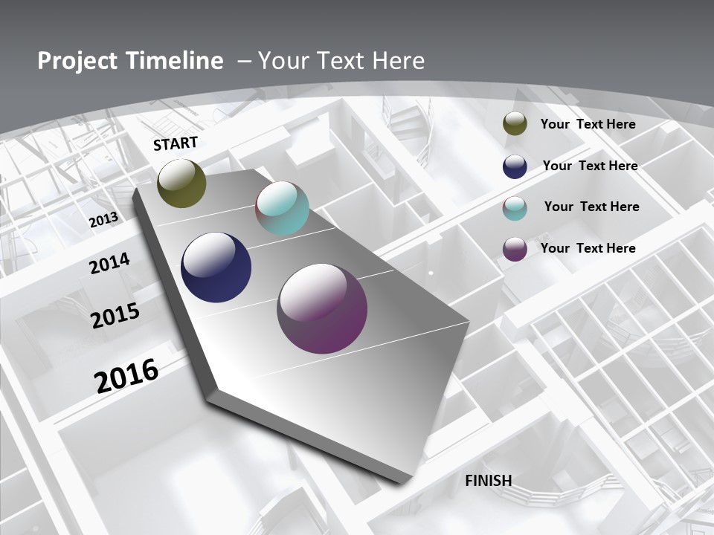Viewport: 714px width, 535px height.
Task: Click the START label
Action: pyautogui.click(x=176, y=143)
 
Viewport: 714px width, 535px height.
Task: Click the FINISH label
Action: pyautogui.click(x=488, y=480)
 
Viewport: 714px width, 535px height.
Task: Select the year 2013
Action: pyautogui.click(x=103, y=220)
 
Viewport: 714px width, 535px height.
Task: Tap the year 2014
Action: pyautogui.click(x=110, y=263)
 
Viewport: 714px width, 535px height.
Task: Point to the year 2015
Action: pyautogui.click(x=115, y=316)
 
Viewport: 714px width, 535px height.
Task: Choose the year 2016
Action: pyautogui.click(x=126, y=376)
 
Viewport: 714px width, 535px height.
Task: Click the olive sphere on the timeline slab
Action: pyautogui.click(x=181, y=183)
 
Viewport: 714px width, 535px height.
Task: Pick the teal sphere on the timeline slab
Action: pyautogui.click(x=282, y=208)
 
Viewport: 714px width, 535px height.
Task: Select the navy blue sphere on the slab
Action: pyautogui.click(x=216, y=267)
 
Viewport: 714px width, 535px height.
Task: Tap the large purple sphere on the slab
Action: pyautogui.click(x=322, y=308)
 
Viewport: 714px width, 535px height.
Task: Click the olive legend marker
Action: pyautogui.click(x=515, y=124)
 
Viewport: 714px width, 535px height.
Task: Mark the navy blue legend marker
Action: pyautogui.click(x=515, y=166)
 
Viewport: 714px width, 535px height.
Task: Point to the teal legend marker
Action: pyautogui.click(x=515, y=207)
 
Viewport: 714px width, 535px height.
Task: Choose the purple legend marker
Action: pyautogui.click(x=515, y=249)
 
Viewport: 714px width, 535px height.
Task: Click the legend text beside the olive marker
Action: pyautogui.click(x=588, y=124)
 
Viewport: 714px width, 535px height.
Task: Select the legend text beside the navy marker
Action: pyautogui.click(x=590, y=166)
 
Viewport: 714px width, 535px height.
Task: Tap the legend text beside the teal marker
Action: pyautogui.click(x=591, y=207)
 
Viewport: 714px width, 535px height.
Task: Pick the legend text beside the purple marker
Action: pyautogui.click(x=588, y=248)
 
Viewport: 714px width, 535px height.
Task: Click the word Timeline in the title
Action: pyautogui.click(x=176, y=61)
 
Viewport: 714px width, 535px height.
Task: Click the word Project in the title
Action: pyautogui.click(x=77, y=61)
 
